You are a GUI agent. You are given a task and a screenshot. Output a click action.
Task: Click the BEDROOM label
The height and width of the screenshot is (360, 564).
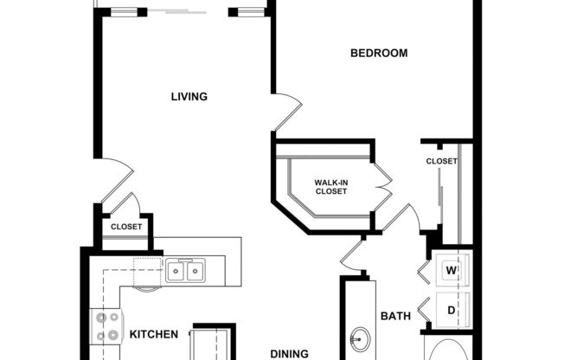pos(378,54)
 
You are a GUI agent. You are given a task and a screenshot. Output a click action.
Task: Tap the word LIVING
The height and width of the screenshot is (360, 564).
pos(189,97)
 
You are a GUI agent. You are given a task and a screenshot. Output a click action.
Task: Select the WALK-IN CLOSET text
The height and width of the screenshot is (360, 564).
pos(330,187)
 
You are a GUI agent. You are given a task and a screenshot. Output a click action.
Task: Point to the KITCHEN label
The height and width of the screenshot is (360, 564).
pos(154,334)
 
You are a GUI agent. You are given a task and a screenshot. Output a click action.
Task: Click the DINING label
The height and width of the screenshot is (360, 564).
pos(290,353)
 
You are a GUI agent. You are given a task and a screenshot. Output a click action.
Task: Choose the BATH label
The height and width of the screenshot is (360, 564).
pos(395,317)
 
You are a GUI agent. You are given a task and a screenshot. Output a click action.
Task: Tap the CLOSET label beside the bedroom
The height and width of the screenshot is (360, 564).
pos(441,162)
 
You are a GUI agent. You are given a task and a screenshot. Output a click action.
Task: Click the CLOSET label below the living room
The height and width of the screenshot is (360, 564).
pos(126,228)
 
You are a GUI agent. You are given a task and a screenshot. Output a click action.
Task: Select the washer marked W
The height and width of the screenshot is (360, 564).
pos(451,270)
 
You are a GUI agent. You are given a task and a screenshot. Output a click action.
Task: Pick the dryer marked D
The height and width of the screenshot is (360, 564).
pos(451,309)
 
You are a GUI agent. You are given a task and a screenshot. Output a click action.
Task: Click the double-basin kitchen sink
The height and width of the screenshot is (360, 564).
pos(185,272)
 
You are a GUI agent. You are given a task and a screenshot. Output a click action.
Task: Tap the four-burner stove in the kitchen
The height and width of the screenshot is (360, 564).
pos(106,327)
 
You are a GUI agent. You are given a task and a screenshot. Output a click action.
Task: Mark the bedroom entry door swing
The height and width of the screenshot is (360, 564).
pos(288,112)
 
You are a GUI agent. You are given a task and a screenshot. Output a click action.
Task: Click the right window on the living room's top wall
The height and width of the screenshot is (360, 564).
pos(251,12)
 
